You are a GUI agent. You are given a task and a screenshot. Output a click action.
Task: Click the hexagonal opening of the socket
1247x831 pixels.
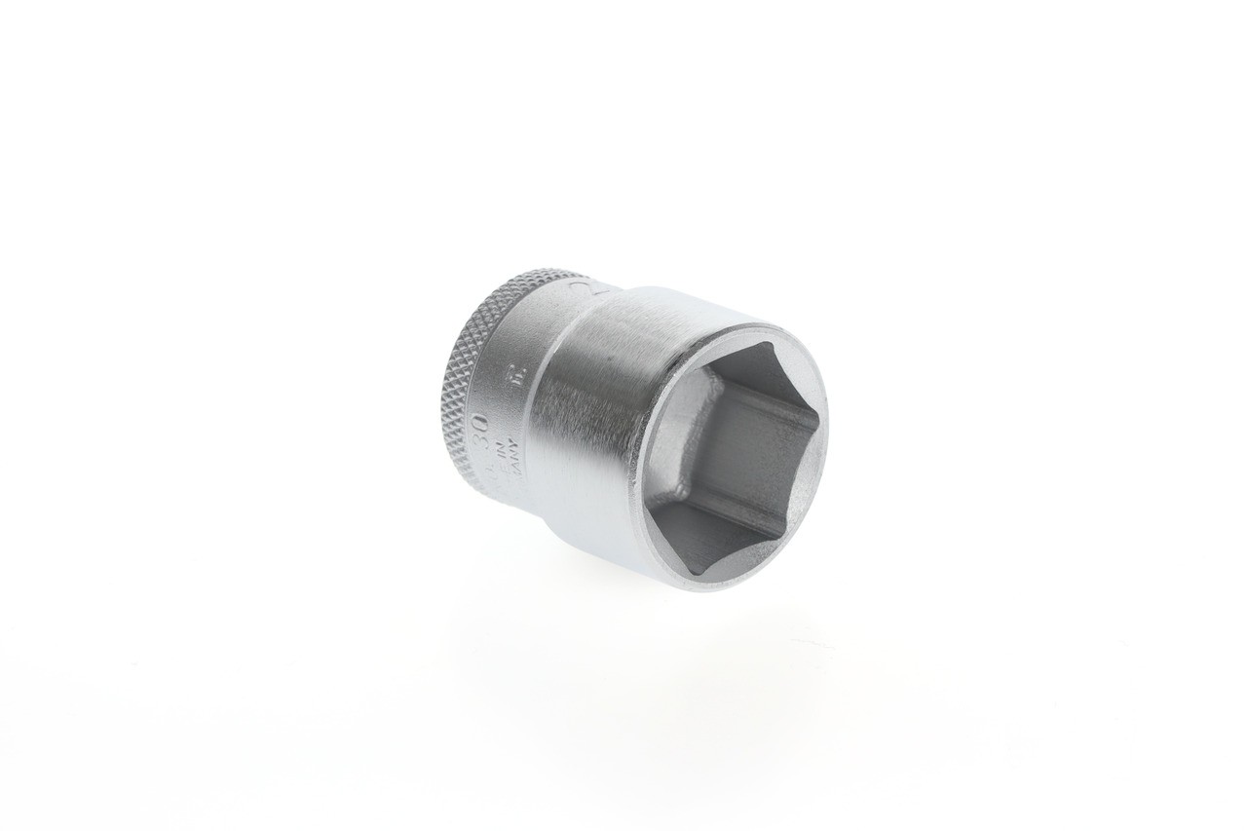pyautogui.click(x=731, y=453)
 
